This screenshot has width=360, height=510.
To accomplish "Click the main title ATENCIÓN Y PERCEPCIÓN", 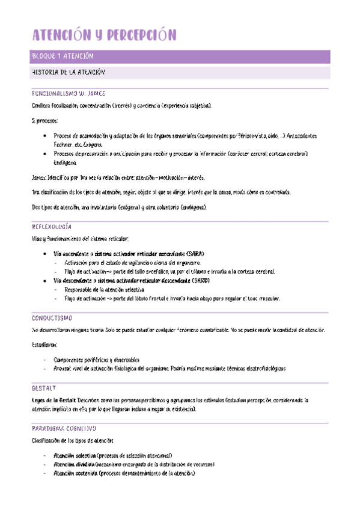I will click(103, 35).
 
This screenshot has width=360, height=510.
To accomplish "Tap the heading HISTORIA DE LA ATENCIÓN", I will click(68, 72).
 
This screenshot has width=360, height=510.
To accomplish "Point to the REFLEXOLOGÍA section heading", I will click(51, 227).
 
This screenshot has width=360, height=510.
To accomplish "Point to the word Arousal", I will click(63, 368).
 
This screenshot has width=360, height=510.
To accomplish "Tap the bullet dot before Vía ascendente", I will click(46, 254).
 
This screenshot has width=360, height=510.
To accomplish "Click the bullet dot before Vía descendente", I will click(46, 281).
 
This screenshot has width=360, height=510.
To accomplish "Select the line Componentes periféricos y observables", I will click(96, 359).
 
